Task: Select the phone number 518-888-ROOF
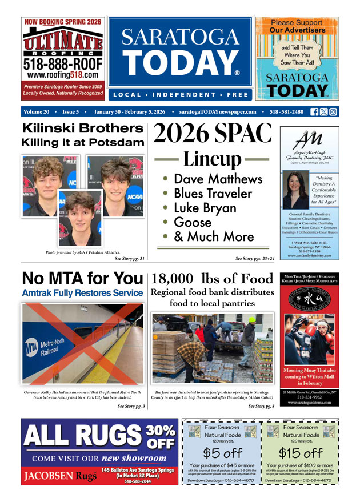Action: click(63, 63)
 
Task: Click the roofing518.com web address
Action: click(63, 75)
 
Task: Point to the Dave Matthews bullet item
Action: click(217, 179)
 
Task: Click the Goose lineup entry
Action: click(192, 222)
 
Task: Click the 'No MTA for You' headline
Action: click(82, 278)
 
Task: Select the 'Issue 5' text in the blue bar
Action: click(71, 112)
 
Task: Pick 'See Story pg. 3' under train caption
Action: click(131, 406)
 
